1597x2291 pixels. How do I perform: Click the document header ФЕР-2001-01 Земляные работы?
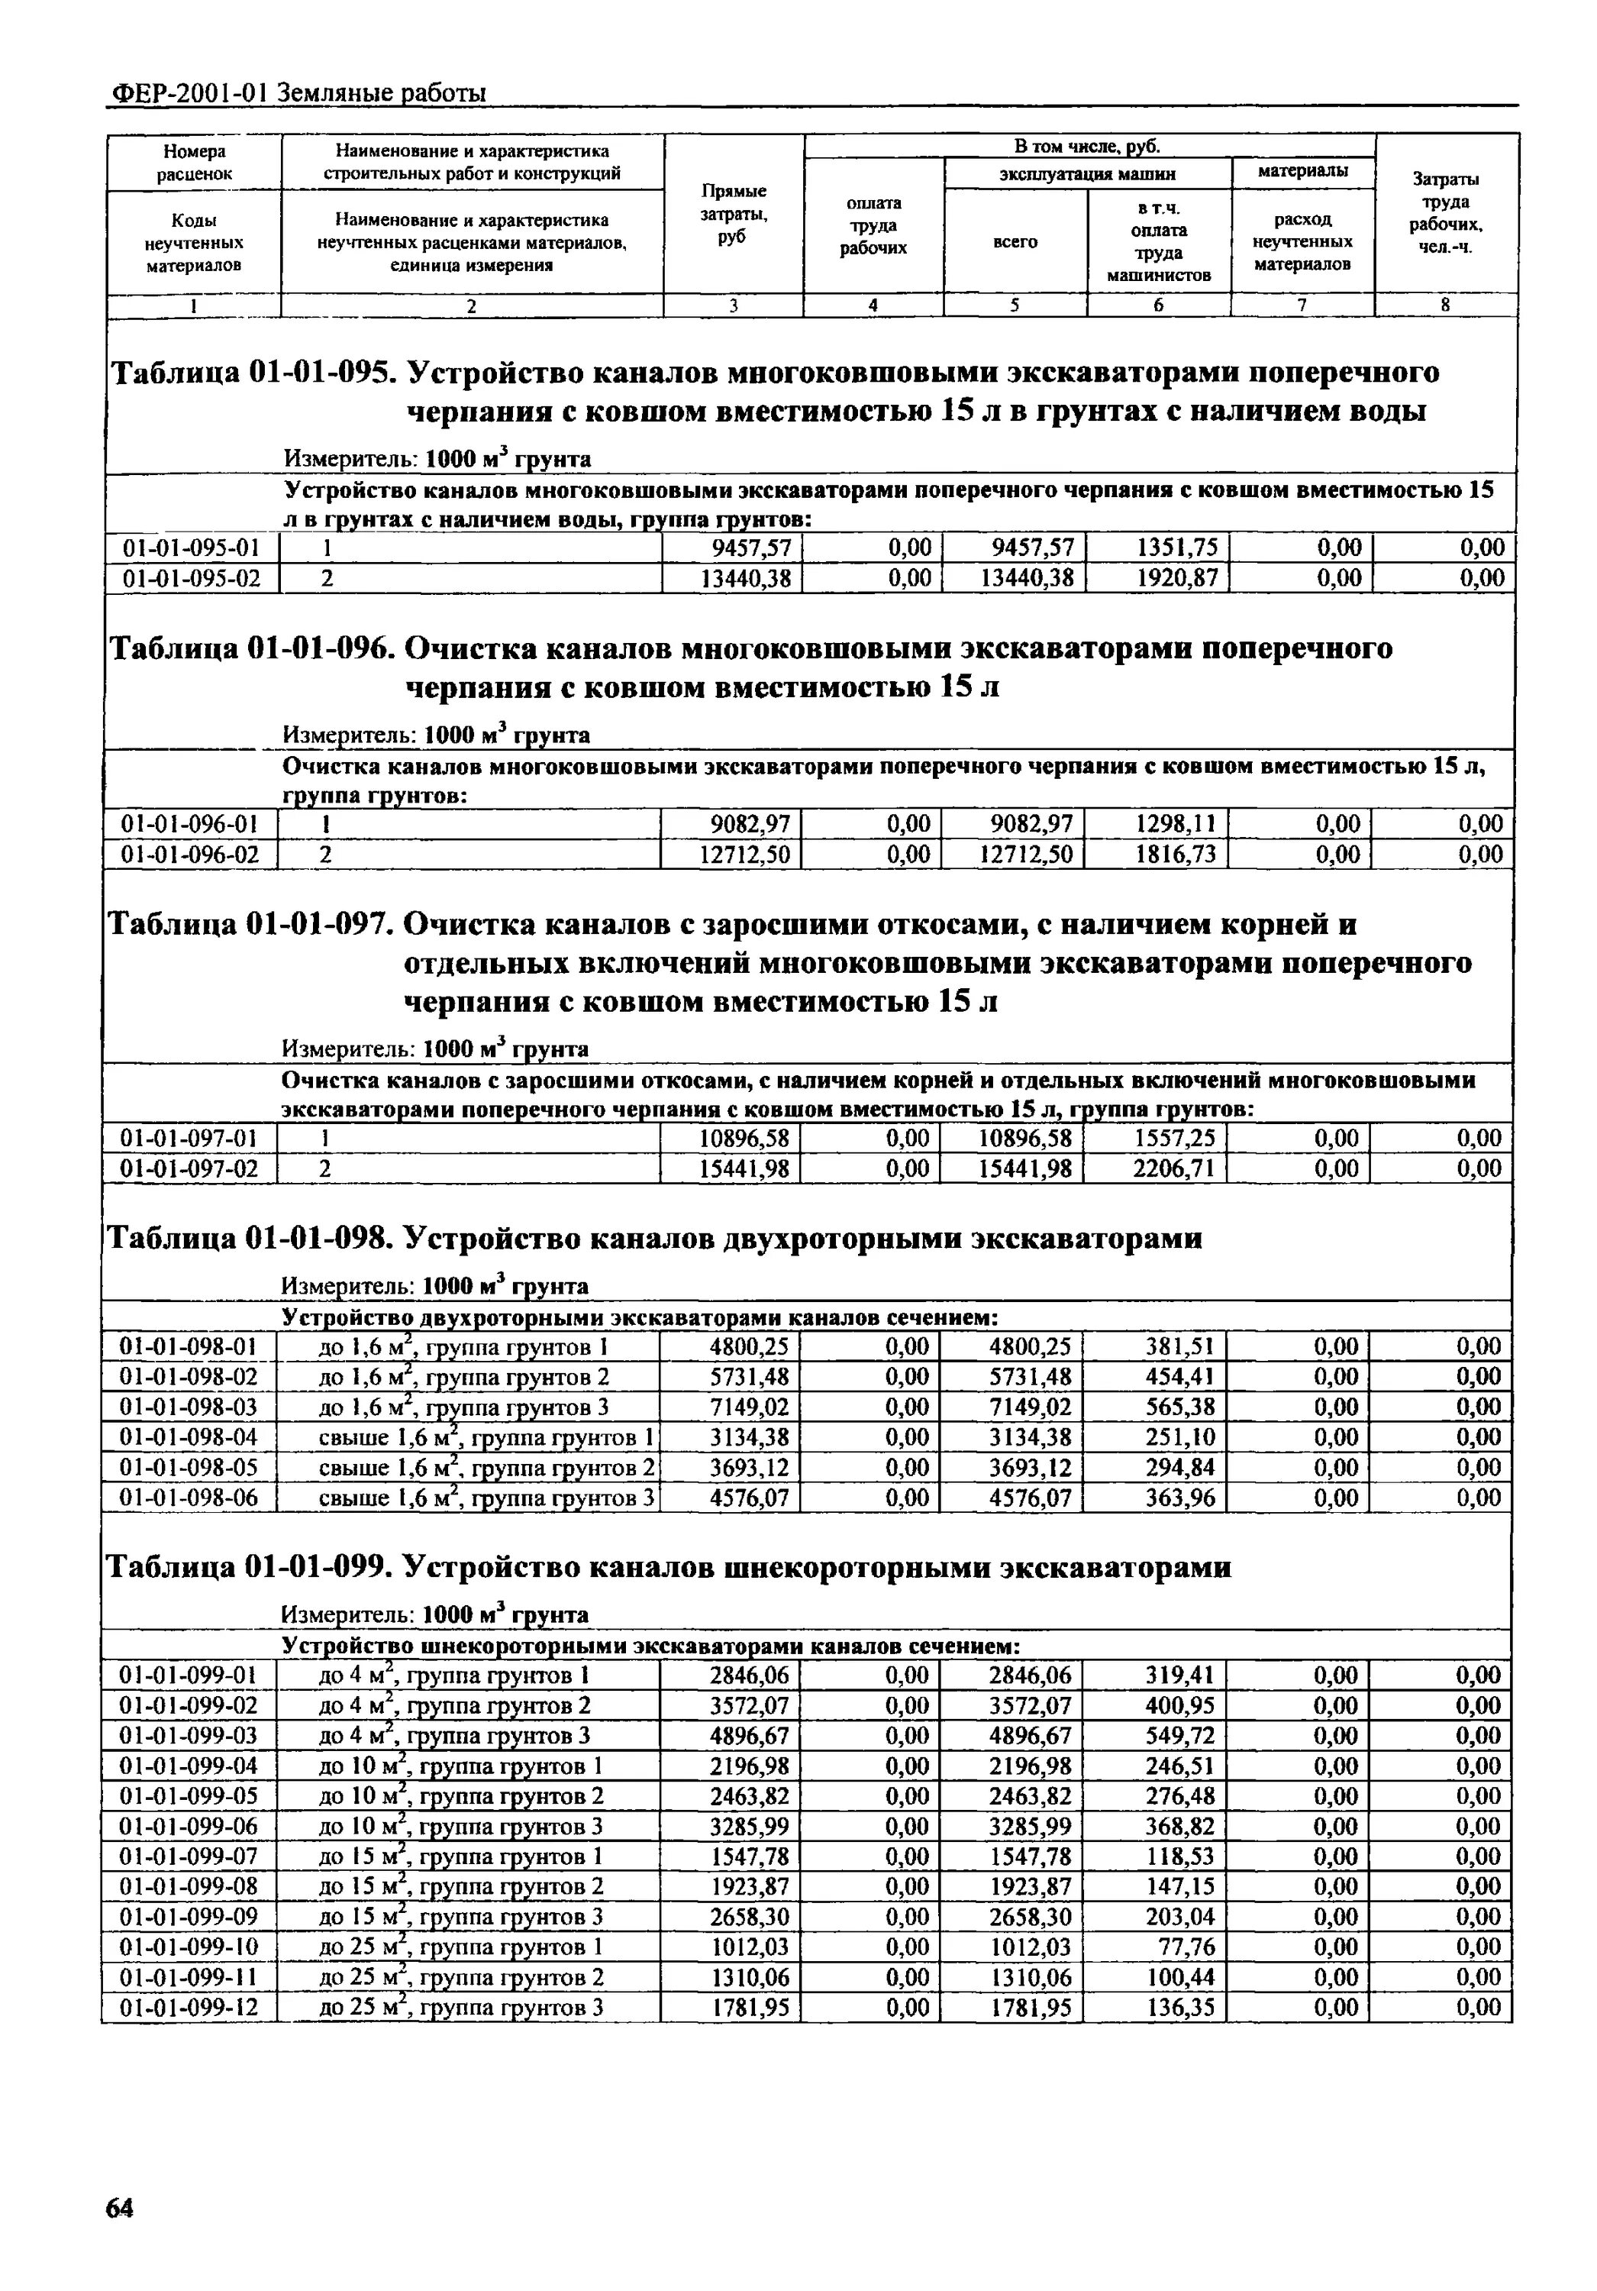coord(297,94)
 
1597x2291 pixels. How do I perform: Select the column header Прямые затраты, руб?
coord(733,214)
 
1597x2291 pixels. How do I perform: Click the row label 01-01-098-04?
coord(189,1437)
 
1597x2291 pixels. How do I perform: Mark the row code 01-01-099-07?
coord(189,1856)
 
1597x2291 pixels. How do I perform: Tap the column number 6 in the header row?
coord(1158,306)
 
